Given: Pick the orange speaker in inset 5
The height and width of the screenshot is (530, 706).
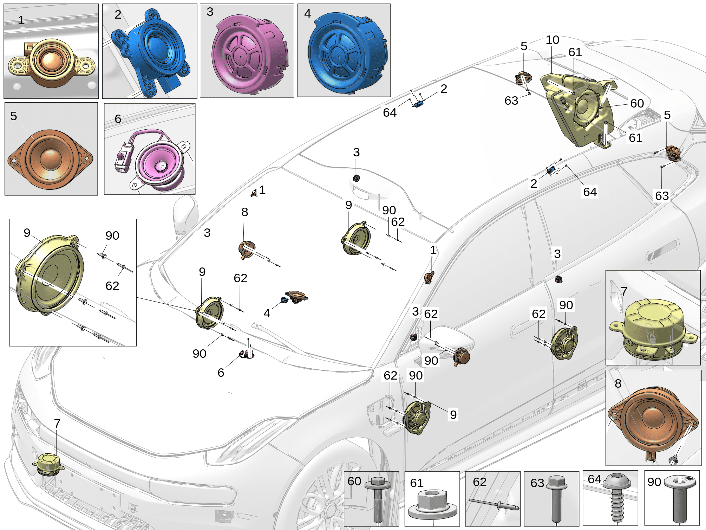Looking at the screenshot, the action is click(51, 159).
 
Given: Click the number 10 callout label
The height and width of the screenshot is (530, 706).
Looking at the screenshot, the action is click(552, 40).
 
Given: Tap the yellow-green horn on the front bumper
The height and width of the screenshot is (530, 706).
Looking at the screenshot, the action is click(48, 464).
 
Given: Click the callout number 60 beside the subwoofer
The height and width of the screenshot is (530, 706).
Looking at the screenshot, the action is click(637, 103).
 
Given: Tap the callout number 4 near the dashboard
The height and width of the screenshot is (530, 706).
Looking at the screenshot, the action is click(267, 313).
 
